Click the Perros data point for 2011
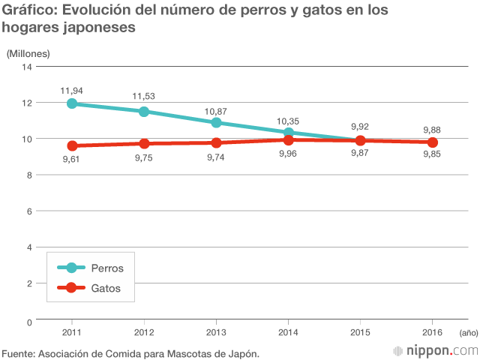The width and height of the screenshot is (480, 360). [72, 103]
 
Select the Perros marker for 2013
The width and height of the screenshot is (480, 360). [216, 122]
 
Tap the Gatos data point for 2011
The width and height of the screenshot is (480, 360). [72, 145]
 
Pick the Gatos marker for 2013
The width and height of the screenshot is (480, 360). [216, 142]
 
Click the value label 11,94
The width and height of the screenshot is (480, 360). [72, 90]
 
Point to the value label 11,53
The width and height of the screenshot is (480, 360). [144, 97]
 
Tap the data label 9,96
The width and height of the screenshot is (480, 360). [288, 154]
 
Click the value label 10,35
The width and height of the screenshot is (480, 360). [288, 120]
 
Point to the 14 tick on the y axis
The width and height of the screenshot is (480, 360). [28, 67]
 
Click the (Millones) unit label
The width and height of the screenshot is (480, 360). [28, 53]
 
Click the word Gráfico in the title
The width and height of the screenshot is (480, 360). [28, 11]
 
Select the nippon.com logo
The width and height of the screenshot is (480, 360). [436, 350]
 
